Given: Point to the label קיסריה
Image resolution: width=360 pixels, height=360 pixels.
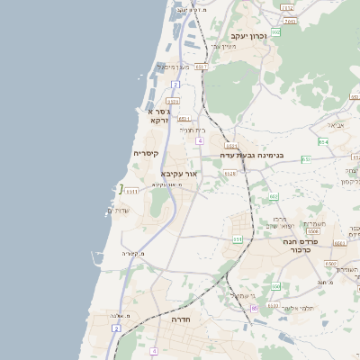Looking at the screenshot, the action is [147, 154].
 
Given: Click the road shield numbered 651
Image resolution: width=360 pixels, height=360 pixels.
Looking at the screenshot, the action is [238, 239].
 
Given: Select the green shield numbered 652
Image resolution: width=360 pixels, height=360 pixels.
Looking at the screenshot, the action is [276, 32].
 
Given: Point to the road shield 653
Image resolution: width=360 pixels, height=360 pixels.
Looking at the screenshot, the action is [306, 159].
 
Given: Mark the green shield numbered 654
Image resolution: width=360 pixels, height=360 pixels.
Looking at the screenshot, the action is [323, 141].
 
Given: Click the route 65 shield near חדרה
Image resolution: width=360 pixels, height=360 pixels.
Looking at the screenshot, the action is [255, 308].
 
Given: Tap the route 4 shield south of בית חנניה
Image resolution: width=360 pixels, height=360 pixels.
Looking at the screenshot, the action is [199, 141].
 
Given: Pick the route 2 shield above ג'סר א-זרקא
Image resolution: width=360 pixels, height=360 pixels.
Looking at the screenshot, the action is [175, 85].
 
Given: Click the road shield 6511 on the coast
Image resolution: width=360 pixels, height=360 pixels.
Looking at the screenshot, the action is [130, 191].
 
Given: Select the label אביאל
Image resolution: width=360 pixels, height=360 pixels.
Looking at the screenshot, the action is [336, 124].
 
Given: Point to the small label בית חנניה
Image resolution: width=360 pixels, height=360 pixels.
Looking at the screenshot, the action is [193, 130].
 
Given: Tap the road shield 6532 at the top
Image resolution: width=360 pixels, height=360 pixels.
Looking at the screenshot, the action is [287, 8].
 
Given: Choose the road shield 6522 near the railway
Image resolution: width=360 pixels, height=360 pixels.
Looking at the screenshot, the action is [230, 145].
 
